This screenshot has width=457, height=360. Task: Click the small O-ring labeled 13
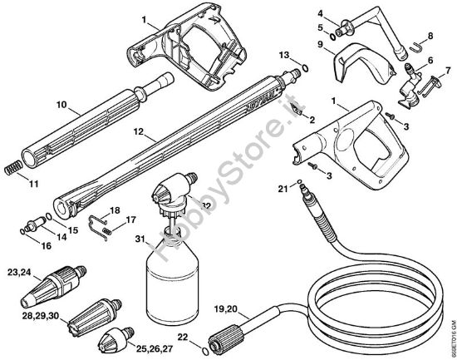[x=305, y=66]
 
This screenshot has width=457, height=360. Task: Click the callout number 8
[x=430, y=37]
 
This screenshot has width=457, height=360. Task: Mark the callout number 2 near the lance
[x=312, y=120]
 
